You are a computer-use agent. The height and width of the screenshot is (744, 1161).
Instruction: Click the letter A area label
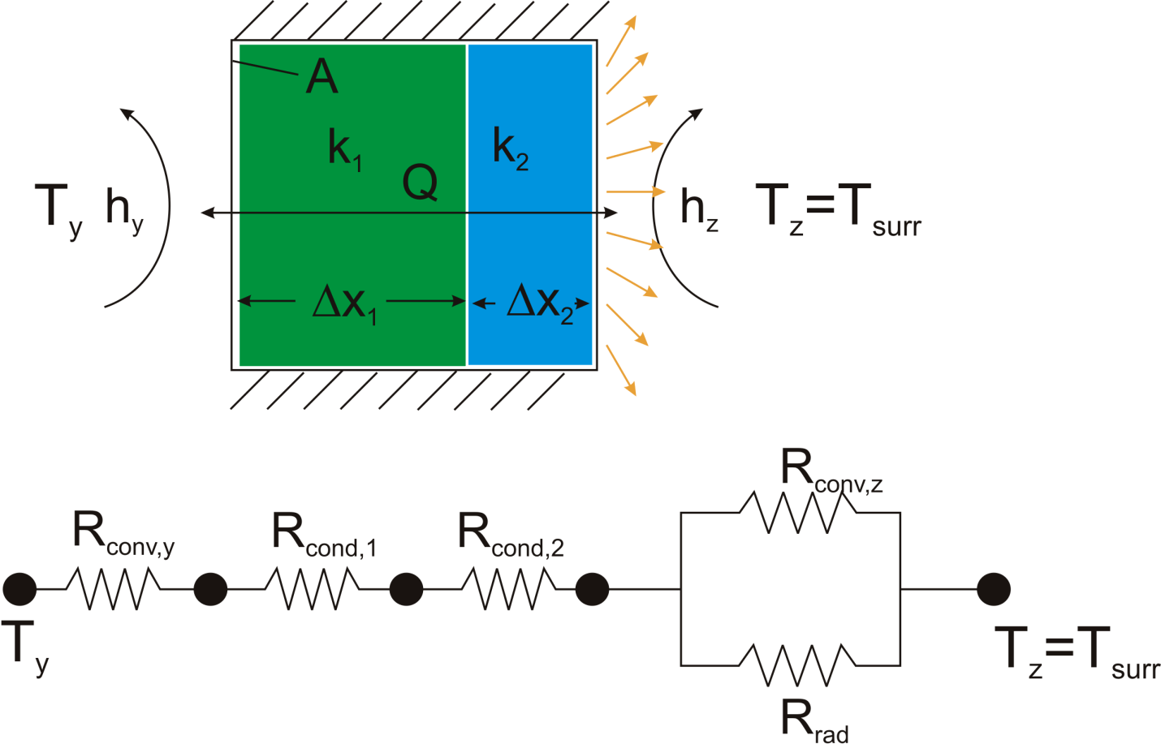click(322, 78)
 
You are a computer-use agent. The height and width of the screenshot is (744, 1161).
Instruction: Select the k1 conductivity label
click(344, 149)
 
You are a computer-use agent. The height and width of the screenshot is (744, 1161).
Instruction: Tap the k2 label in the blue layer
click(510, 149)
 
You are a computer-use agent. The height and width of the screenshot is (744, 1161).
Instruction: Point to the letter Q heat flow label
click(421, 183)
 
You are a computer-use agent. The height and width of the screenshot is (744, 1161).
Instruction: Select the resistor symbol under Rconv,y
click(113, 589)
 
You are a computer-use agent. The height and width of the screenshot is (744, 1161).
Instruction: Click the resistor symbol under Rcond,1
click(313, 589)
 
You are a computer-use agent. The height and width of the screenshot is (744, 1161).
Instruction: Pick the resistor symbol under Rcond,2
click(509, 589)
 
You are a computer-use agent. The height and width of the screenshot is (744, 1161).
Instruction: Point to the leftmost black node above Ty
click(19, 589)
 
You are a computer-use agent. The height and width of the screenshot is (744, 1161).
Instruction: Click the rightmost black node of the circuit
click(993, 589)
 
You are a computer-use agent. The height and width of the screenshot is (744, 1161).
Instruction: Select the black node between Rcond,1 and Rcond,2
click(406, 589)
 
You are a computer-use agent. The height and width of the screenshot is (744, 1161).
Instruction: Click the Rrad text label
click(814, 720)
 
